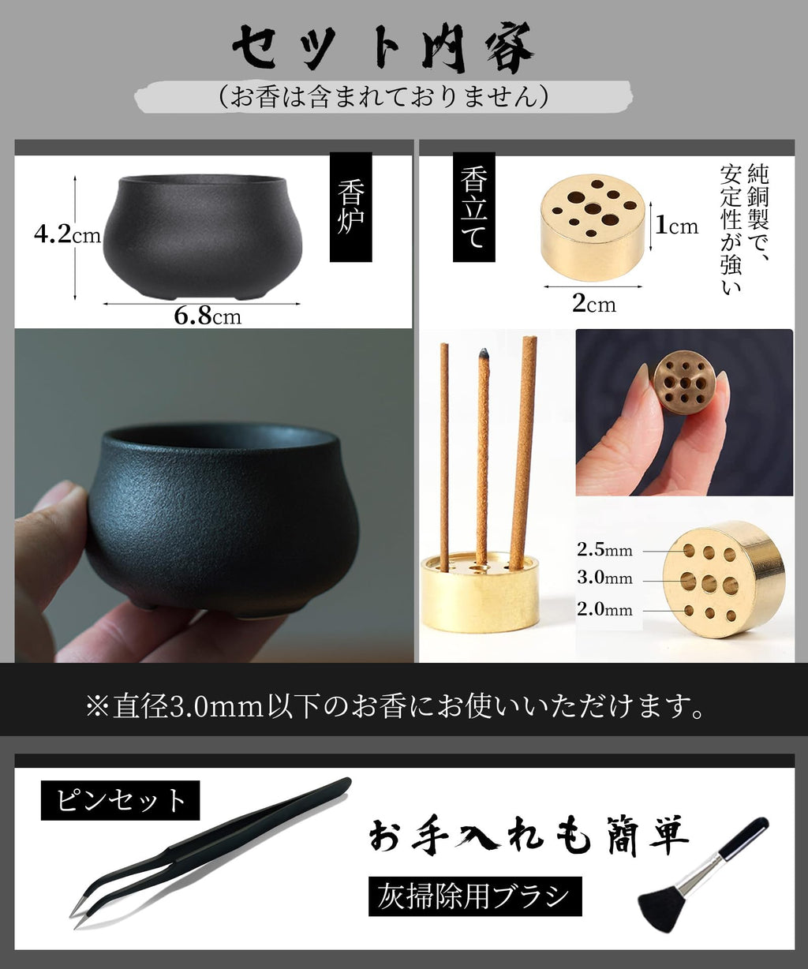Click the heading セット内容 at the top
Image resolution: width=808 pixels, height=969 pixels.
pos(383,49)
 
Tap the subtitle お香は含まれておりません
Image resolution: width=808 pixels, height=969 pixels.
pos(383,97)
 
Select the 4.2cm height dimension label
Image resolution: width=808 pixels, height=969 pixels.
pos(67,234)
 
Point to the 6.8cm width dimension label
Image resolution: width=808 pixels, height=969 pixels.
pos(207,316)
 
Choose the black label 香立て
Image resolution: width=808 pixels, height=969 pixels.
pos(473,208)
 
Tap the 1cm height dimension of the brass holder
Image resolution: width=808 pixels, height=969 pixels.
pos(676,226)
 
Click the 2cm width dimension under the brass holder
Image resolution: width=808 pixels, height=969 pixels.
pos(593,303)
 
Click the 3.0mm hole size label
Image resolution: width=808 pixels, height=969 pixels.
pos(604,578)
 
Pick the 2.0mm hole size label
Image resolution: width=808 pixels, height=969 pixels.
pos(604,609)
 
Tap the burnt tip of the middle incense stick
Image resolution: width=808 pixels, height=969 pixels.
pos(483,356)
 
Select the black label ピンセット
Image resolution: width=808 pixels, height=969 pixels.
pos(120,801)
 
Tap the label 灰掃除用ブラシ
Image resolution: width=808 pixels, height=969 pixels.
pos(474,896)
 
